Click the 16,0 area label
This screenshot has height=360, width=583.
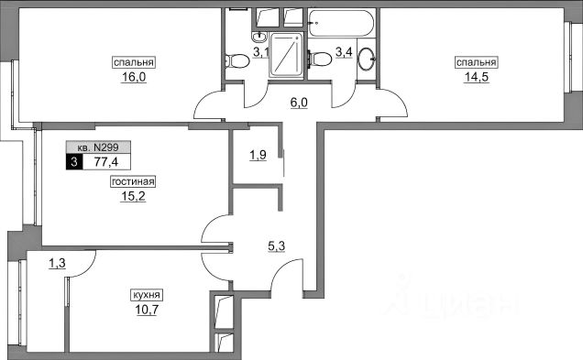pyautogui.click(x=134, y=77)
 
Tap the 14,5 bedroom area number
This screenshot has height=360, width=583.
pyautogui.click(x=476, y=77)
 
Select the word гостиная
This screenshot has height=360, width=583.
pyautogui.click(x=133, y=181)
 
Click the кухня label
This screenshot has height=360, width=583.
pyautogui.click(x=147, y=295)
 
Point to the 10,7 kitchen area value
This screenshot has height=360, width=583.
pyautogui.click(x=147, y=309)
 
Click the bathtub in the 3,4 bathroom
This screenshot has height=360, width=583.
pyautogui.click(x=340, y=23)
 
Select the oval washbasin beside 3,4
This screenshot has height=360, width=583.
pyautogui.click(x=367, y=59)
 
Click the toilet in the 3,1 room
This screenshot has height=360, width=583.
pyautogui.click(x=236, y=61)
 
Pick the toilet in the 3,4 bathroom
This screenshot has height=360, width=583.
pyautogui.click(x=320, y=59)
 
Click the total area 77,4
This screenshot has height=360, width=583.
pyautogui.click(x=106, y=162)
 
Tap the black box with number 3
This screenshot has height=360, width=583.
pyautogui.click(x=74, y=162)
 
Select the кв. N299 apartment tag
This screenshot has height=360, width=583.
pyautogui.click(x=98, y=147)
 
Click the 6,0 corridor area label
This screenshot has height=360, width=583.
pyautogui.click(x=299, y=103)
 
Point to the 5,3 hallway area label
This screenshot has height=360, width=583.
pyautogui.click(x=276, y=245)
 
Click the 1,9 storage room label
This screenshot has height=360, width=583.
pyautogui.click(x=258, y=155)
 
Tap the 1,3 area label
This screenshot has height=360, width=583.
pyautogui.click(x=57, y=264)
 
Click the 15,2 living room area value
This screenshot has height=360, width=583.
pyautogui.click(x=133, y=196)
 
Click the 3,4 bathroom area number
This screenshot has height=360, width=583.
pyautogui.click(x=344, y=52)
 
